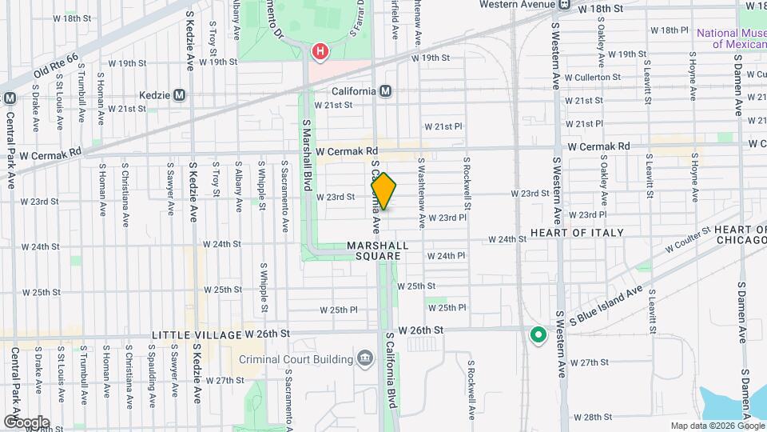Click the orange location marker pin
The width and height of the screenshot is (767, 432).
[383, 191]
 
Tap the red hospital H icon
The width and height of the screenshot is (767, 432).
[320, 52]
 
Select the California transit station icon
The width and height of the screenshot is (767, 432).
[386, 91]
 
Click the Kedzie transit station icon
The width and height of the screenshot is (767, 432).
[179, 94]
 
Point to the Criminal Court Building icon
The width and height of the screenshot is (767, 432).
[365, 356]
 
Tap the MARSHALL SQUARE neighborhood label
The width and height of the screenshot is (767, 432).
[378, 250]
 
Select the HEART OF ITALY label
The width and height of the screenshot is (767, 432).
[577, 233]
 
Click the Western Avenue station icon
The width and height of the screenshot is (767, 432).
[565, 5]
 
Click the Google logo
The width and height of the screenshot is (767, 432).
[26, 422]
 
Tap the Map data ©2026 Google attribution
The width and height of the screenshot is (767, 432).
[717, 426]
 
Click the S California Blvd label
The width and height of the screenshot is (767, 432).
[391, 370]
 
